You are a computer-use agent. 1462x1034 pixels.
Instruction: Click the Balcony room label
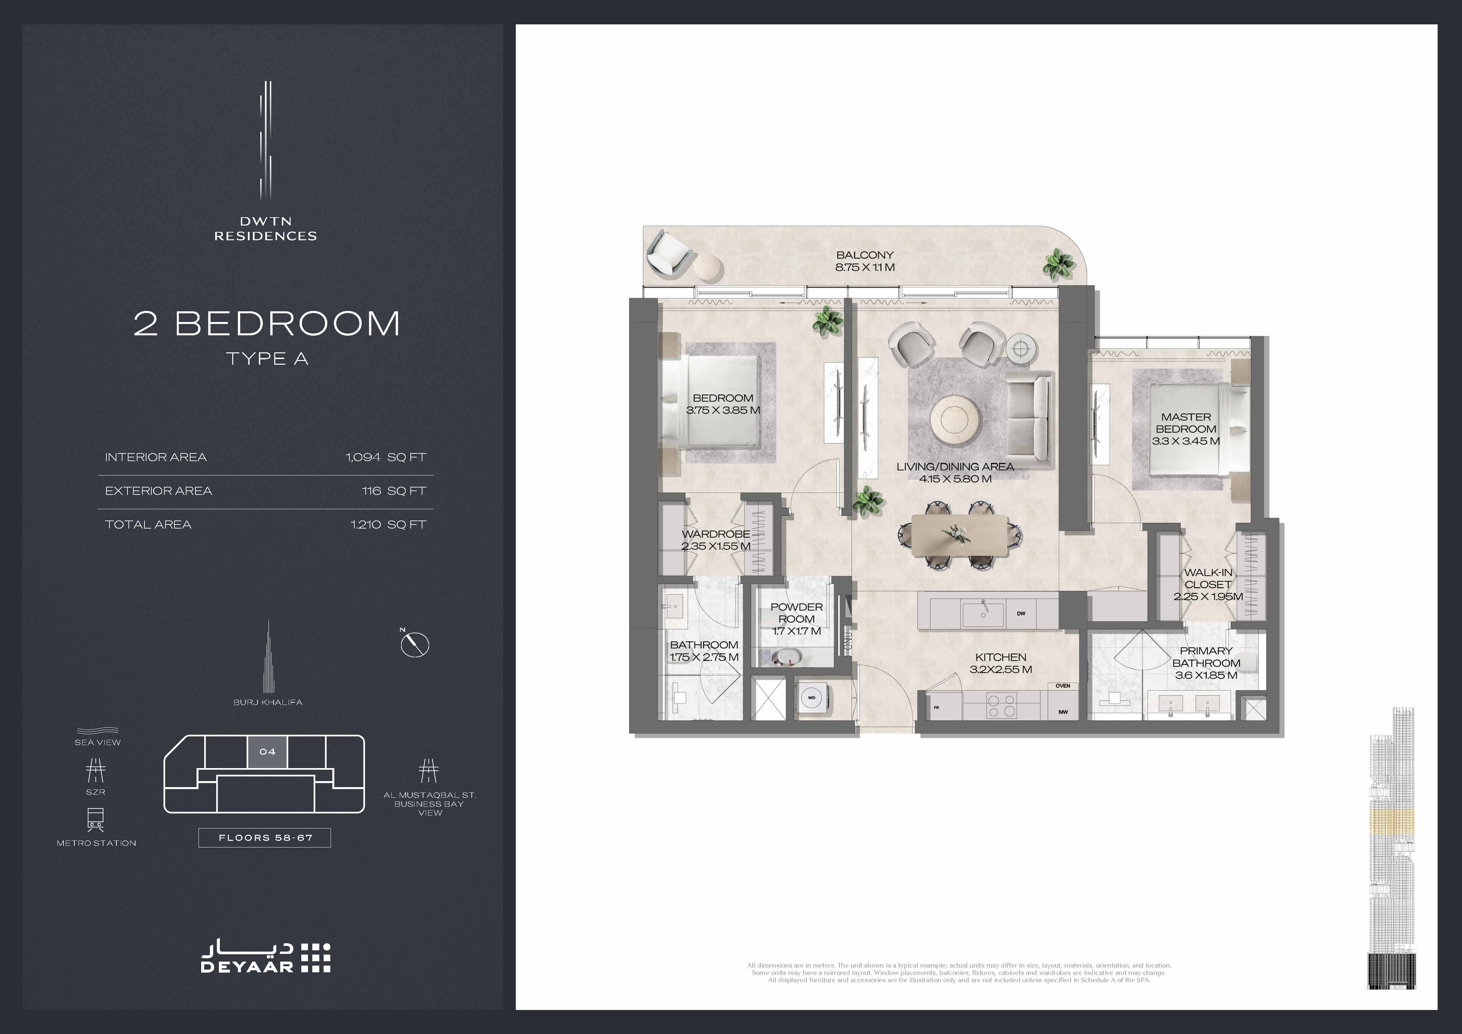tap(865, 261)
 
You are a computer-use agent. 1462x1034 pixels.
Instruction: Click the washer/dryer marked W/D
tap(812, 698)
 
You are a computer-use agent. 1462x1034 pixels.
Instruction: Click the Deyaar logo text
tap(247, 967)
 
